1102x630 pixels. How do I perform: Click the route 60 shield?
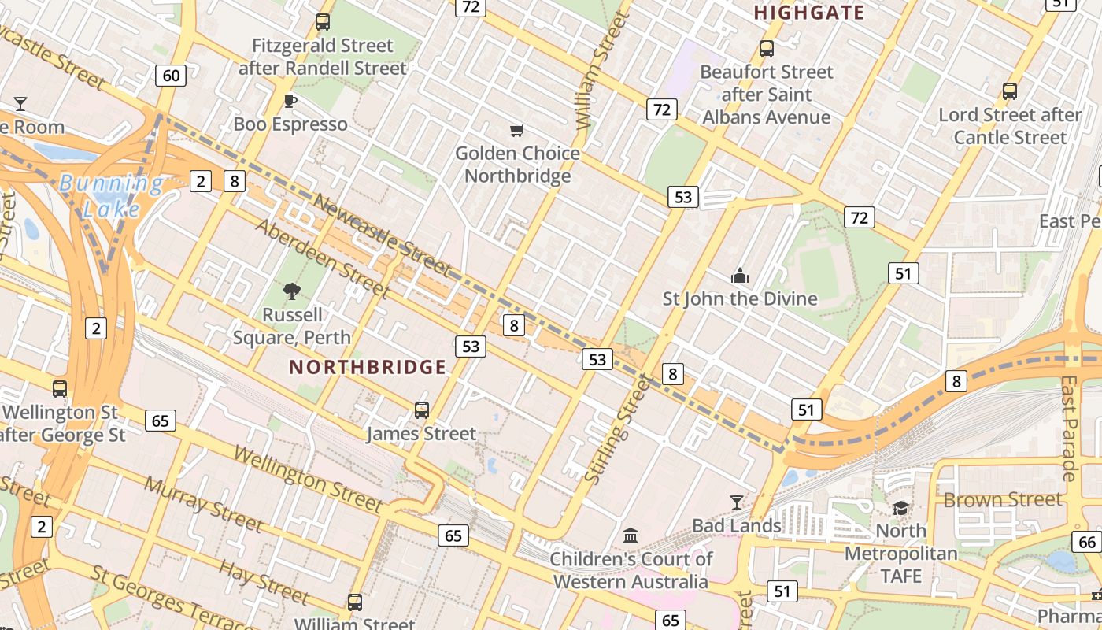172,76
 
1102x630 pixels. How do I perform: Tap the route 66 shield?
1087,542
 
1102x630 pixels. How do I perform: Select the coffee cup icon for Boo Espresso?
290,101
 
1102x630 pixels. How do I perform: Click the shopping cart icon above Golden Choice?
516,130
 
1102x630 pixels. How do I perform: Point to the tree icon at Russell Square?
292,291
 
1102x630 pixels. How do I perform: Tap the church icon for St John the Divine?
739,276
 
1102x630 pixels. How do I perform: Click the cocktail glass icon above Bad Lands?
736,502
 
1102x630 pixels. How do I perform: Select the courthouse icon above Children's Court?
631,535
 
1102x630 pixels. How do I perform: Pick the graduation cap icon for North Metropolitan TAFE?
900,508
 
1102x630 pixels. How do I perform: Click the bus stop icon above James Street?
422,409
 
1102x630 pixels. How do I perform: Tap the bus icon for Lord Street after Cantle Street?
1010,91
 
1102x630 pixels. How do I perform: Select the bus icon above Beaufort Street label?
766,49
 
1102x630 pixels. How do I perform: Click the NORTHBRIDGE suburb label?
368,367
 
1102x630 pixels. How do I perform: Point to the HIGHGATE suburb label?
809,13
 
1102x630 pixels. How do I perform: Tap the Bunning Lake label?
111,196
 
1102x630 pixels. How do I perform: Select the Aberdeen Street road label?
323,258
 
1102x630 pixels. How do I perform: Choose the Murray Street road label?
203,503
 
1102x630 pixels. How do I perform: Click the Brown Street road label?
1002,500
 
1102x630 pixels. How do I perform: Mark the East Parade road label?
1068,428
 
